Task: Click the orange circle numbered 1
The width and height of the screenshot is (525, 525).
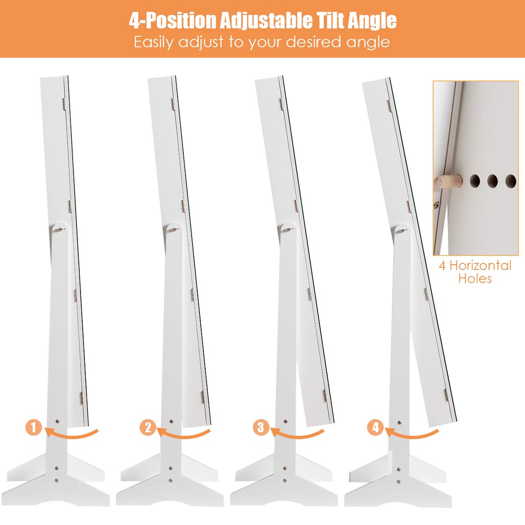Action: [34, 427]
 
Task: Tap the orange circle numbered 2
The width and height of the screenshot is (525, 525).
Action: [148, 427]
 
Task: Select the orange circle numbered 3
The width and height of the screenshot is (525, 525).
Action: [261, 427]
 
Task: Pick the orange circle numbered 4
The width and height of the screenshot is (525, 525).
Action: [375, 427]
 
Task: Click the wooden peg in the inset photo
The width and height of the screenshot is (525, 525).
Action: [450, 181]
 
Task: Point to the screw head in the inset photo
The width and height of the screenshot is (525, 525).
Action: [437, 205]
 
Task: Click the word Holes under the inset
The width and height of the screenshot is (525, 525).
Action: [475, 278]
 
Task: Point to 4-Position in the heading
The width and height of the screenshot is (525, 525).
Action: [173, 21]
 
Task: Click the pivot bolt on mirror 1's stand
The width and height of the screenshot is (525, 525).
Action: [60, 230]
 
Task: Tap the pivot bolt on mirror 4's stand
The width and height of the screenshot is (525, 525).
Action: [402, 231]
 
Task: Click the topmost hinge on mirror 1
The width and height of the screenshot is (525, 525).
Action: [64, 104]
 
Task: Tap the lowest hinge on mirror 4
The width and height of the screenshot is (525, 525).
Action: [446, 395]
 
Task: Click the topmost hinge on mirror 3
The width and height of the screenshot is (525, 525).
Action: [281, 104]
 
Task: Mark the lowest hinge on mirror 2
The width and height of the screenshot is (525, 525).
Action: [203, 397]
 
